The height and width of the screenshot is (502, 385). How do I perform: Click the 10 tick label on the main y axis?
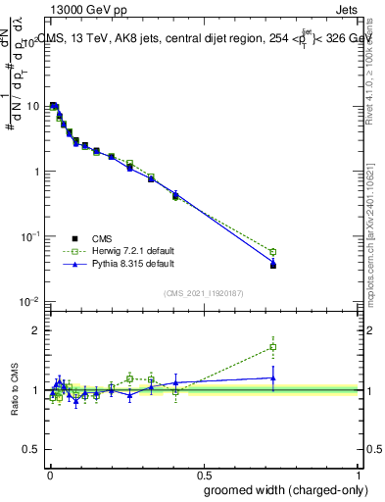pos(32,106)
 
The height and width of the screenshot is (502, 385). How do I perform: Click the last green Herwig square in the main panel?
pos(273,252)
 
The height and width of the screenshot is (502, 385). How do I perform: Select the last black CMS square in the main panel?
pos(273,265)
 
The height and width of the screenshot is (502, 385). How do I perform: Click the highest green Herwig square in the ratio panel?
pos(273,346)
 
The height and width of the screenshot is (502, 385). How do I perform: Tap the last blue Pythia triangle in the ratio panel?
pos(273,377)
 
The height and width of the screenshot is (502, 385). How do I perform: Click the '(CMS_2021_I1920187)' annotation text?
pos(203,292)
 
